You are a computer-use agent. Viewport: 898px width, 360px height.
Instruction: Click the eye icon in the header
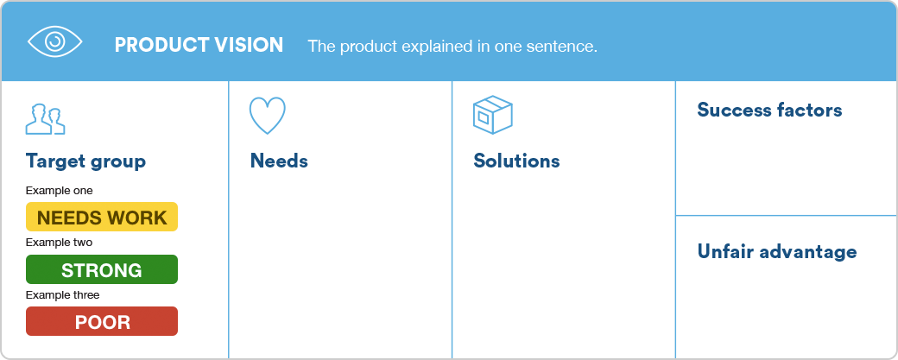55,41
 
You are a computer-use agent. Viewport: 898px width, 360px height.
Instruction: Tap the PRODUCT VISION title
199,45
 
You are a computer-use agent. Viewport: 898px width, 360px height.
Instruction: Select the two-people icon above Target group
45,119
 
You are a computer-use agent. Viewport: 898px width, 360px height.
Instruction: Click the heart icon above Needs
267,116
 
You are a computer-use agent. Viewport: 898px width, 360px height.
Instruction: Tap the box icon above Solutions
492,115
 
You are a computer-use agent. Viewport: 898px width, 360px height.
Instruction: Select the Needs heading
279,161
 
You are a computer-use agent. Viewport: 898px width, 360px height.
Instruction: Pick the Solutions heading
516,161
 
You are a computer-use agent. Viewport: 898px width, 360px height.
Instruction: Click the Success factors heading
769,110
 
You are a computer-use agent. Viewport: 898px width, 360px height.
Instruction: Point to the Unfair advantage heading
777,252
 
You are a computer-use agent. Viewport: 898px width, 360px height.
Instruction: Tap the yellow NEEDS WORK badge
102,217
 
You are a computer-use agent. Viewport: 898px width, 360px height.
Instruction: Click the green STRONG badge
102,269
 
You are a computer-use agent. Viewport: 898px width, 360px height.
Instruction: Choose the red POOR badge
102,321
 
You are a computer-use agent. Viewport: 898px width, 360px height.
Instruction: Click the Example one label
59,191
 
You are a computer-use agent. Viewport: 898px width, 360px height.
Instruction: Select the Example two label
59,243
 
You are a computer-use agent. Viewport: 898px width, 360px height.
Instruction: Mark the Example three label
62,295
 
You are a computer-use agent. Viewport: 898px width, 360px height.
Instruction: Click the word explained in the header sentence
437,47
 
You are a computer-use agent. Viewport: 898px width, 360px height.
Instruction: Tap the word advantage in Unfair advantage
807,252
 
